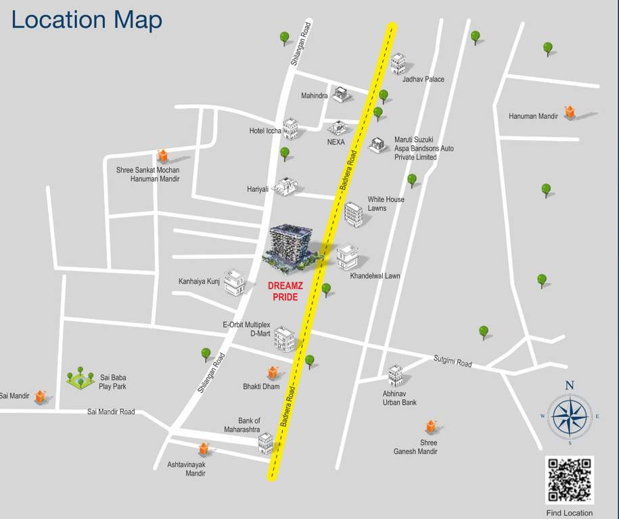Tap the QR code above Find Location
[x=570, y=480]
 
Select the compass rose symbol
[x=570, y=416]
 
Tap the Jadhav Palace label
[x=423, y=80]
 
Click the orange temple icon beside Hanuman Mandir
[x=570, y=112]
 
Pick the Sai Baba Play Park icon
[x=80, y=378]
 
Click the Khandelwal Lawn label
[x=375, y=276]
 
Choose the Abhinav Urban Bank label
[x=399, y=398]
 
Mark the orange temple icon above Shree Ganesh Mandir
[x=431, y=426]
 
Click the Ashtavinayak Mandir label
[x=186, y=469]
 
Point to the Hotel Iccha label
[x=265, y=130]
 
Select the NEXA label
[x=336, y=142]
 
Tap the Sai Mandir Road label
[x=111, y=412]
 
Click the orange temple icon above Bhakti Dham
[x=273, y=372]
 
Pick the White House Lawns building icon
[x=352, y=214]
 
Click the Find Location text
[x=569, y=513]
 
